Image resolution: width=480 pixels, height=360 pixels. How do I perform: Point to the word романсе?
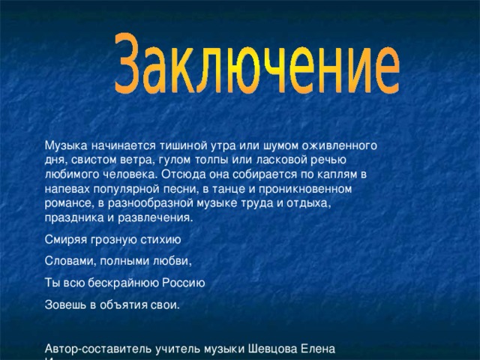pyautogui.click(x=68, y=203)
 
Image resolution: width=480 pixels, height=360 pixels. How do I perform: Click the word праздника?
pyautogui.click(x=73, y=218)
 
